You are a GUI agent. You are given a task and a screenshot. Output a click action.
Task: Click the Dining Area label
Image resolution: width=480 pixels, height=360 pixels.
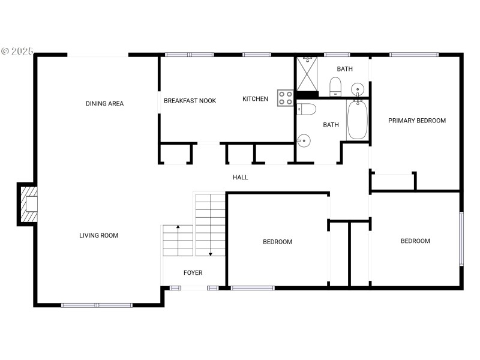pyautogui.click(x=104, y=104)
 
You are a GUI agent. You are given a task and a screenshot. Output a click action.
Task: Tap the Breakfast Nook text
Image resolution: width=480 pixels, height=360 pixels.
pyautogui.click(x=190, y=101)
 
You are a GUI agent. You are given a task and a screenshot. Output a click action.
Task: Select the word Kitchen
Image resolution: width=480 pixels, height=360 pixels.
pyautogui.click(x=255, y=99)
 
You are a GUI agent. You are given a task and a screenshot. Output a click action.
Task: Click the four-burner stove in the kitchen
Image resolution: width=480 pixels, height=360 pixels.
pyautogui.click(x=285, y=98)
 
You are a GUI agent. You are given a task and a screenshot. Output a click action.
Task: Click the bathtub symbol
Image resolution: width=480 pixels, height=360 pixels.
pyautogui.click(x=357, y=120)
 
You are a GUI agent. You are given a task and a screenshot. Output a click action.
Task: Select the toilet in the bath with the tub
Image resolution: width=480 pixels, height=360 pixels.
pyautogui.click(x=307, y=109)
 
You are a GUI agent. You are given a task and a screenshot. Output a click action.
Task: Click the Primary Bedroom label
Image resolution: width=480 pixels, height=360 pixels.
pyautogui.click(x=416, y=121)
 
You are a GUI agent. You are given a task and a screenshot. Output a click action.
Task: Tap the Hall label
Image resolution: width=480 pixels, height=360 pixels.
pyautogui.click(x=240, y=178)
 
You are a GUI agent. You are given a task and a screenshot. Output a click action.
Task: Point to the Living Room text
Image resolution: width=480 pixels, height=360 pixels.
pyautogui.click(x=98, y=236)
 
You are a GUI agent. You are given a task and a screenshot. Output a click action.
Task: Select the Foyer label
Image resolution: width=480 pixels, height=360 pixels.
pyautogui.click(x=193, y=273)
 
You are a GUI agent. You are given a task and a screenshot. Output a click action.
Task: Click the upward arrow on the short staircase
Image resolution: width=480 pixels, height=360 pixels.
pyautogui.click(x=178, y=228)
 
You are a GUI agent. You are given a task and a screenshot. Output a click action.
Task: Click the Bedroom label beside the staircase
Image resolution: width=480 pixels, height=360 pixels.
pyautogui.click(x=277, y=242)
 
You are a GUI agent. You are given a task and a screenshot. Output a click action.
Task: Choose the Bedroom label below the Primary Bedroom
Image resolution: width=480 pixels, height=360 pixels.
pyautogui.click(x=415, y=241)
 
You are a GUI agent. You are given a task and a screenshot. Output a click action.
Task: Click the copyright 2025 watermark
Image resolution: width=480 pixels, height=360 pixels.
pyautogui.click(x=17, y=52)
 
